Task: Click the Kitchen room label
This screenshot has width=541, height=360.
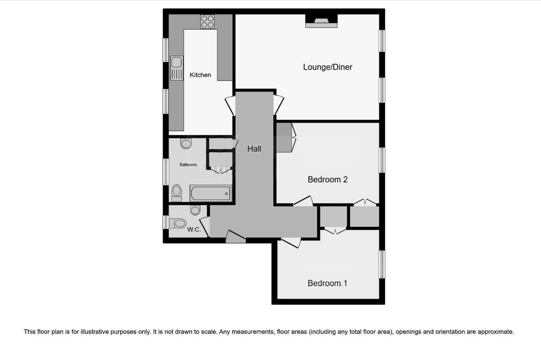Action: click(x=200, y=75)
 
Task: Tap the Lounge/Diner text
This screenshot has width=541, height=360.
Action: click(x=327, y=67)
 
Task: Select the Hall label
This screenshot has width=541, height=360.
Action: click(x=254, y=149)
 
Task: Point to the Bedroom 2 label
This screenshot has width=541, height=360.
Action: click(x=327, y=179)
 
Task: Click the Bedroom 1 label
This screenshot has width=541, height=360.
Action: click(x=327, y=283)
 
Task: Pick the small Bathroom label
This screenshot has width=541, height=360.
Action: click(x=188, y=165)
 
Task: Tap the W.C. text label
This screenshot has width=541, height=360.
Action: click(x=194, y=229)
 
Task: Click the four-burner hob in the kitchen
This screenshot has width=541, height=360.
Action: click(x=207, y=21)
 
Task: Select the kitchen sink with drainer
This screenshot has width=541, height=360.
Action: click(x=176, y=69)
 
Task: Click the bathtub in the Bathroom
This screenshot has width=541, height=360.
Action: click(x=211, y=193)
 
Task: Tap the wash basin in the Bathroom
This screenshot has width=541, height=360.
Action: click(x=187, y=143)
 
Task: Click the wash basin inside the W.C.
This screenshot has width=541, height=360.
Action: click(x=195, y=209)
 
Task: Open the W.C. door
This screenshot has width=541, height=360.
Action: click(x=204, y=225)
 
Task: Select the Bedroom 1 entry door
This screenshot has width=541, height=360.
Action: click(x=291, y=242)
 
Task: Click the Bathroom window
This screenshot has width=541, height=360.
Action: click(x=166, y=171)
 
